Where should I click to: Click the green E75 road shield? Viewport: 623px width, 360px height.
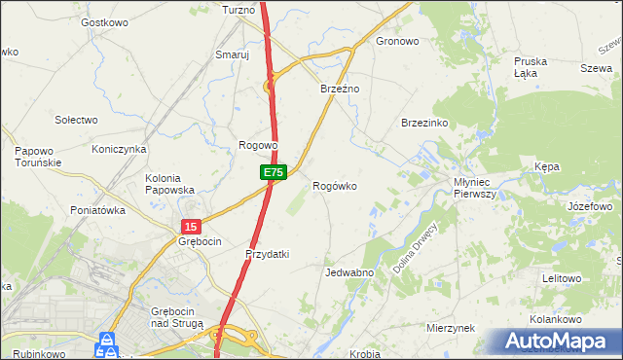coord(273,172)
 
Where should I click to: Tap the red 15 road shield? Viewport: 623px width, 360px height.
coord(190,226)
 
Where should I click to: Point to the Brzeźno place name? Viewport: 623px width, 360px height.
coord(341,89)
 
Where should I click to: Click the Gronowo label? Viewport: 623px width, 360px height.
coord(397,42)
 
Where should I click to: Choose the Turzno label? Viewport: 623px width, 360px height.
coord(238,10)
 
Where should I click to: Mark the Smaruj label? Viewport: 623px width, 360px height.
coord(233,55)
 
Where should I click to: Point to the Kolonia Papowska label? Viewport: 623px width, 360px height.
coord(170,184)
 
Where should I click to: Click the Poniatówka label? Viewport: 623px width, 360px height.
coord(98,209)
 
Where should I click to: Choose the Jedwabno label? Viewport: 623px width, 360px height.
coord(350,272)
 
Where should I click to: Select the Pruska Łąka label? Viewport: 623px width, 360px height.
coord(531,66)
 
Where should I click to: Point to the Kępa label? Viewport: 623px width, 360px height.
coord(547,167)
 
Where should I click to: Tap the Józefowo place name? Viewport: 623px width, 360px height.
coord(590,207)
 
